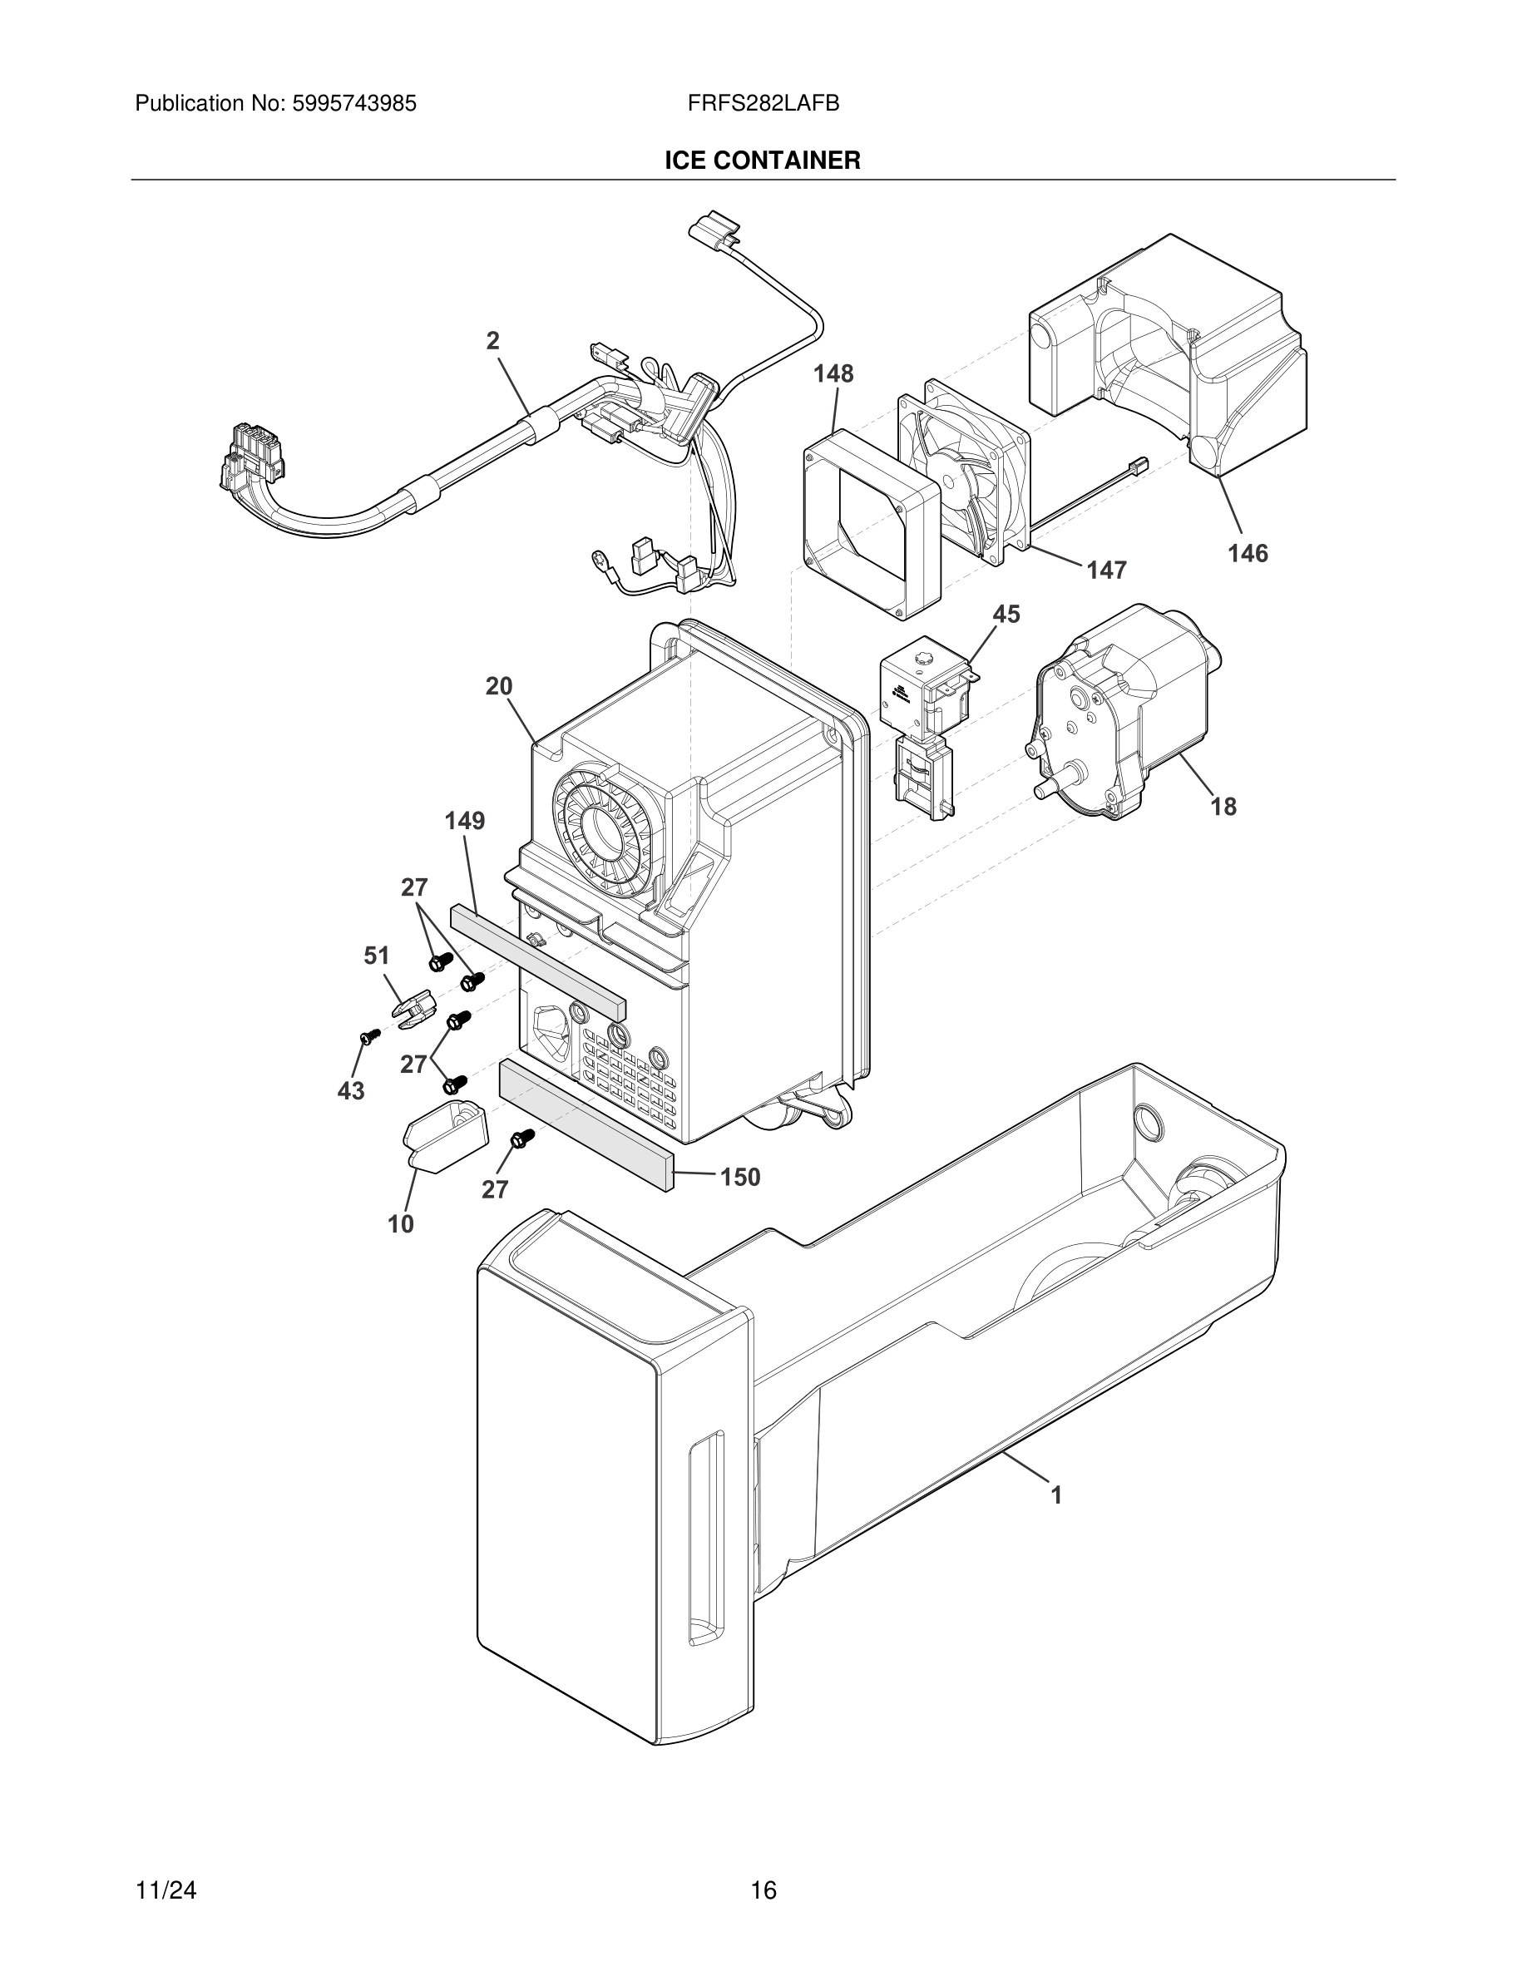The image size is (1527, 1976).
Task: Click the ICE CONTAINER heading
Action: (762, 161)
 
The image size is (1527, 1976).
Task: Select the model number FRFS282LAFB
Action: (763, 103)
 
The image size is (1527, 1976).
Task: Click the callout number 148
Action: (833, 373)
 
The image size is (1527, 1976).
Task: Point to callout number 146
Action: (1247, 553)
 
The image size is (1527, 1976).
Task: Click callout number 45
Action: (1006, 615)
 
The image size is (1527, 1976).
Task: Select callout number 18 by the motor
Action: (1223, 806)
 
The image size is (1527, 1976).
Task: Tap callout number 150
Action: (739, 1177)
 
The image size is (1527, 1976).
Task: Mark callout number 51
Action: (376, 956)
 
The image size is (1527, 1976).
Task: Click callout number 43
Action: (351, 1091)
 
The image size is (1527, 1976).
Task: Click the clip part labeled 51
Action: (413, 1010)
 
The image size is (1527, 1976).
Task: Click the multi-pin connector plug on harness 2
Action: (252, 460)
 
